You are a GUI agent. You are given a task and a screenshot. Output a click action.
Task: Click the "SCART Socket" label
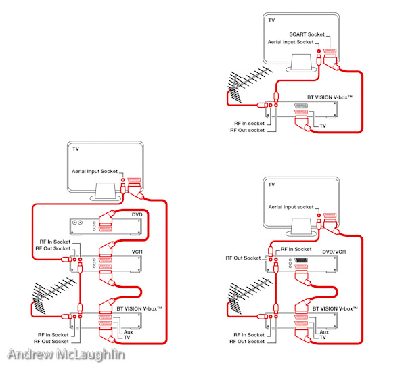coord(307,34)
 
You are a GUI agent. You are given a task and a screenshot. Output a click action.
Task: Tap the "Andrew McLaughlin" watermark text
coord(66,354)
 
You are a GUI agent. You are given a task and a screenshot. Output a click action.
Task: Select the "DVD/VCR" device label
coord(334,252)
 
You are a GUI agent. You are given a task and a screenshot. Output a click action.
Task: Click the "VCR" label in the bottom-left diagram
coord(137,252)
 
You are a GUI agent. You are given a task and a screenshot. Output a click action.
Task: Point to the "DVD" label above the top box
coord(137,215)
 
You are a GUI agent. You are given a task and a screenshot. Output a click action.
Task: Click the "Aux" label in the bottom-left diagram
coord(128,332)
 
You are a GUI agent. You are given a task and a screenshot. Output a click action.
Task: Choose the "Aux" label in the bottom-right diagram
coord(324,332)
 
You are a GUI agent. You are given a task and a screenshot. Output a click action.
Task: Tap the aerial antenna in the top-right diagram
coord(249,84)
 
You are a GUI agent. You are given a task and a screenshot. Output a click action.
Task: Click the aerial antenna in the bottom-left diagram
coord(53,295)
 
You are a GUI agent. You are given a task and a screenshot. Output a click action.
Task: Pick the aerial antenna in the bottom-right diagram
coord(249,295)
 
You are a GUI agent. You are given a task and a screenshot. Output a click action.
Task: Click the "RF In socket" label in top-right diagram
coord(249,123)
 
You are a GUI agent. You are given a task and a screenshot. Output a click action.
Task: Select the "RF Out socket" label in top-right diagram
coord(247,130)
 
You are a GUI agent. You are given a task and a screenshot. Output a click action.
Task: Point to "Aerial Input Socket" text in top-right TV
coord(290,42)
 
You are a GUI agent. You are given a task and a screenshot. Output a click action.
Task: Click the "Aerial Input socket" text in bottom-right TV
coord(291,207)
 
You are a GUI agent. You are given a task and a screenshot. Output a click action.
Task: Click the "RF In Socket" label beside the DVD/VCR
coord(296,249)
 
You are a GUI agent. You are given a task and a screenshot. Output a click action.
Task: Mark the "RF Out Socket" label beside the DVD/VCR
coord(243,258)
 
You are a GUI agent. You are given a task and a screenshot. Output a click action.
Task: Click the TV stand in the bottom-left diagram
coord(106,191)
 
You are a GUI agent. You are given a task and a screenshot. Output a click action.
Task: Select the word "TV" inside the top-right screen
coord(271,20)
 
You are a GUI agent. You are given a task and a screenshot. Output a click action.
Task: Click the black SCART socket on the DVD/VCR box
coord(301,260)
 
